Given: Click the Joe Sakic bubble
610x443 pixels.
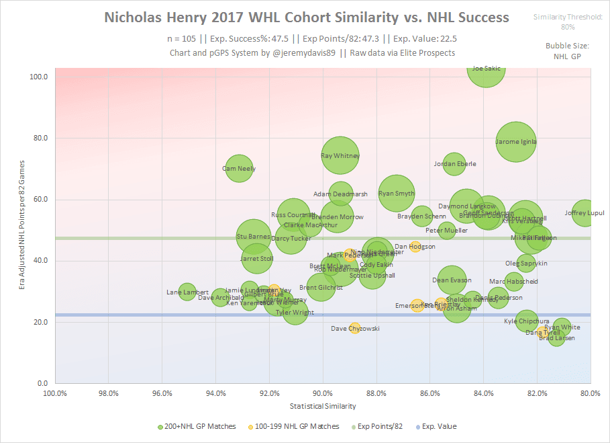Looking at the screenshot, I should coord(486,69).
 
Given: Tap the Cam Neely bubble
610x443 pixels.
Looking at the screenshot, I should coord(239,169).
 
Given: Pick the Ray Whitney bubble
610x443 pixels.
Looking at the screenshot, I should coord(340,155).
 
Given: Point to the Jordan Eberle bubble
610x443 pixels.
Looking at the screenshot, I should coord(454,163).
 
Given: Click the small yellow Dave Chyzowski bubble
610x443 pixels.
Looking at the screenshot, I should coord(355,329).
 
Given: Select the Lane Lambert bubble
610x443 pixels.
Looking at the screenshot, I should coord(187,292).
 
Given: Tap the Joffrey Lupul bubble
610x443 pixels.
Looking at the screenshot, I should coord(584,213).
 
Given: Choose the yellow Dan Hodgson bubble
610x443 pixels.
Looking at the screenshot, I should coord(415,247).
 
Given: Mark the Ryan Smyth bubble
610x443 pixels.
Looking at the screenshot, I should coord(397,194).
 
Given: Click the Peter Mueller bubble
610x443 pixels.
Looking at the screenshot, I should coord(447,231).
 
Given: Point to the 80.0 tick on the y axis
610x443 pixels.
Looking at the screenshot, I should coord(40,138).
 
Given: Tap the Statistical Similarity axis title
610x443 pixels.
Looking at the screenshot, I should coord(323,406).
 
